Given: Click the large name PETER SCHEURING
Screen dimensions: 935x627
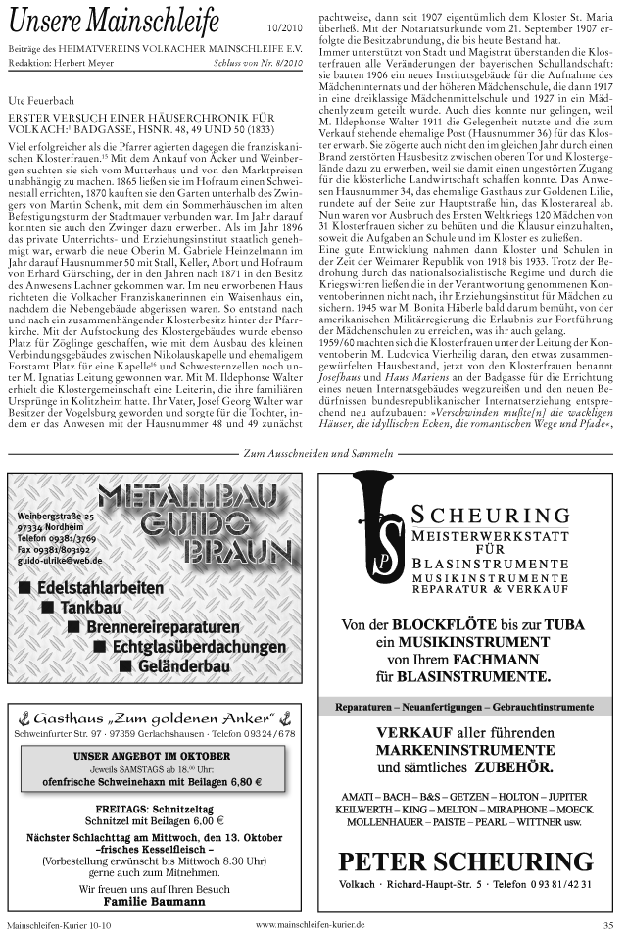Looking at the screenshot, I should tap(465, 861).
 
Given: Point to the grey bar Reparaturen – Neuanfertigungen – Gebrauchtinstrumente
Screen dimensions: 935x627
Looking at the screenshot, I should tap(464, 706).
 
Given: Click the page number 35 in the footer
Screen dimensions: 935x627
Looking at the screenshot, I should tap(607, 923).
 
